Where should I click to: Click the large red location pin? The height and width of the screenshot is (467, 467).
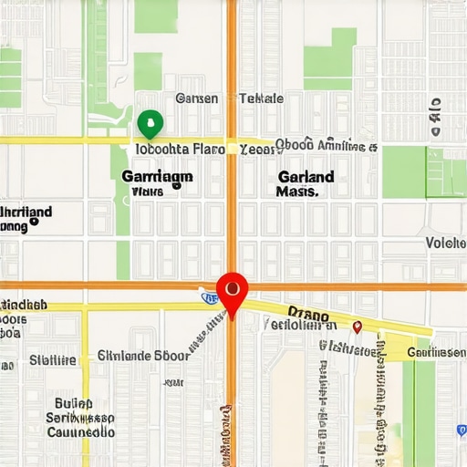233,291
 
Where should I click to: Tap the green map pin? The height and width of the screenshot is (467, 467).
149,122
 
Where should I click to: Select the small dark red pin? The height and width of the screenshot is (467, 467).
357,326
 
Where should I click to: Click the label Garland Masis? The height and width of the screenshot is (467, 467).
305,183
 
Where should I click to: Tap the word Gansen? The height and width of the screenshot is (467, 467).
197,99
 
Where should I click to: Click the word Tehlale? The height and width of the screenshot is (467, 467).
261,99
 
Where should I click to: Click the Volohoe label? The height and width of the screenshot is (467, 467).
445,243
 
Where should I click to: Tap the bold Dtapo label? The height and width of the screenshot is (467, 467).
307,313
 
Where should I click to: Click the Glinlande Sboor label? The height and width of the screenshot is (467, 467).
143,356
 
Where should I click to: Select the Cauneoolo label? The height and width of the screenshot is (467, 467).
80,431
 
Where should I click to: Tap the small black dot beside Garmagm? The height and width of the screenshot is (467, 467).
177,184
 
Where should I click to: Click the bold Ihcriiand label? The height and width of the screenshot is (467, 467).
26,213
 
